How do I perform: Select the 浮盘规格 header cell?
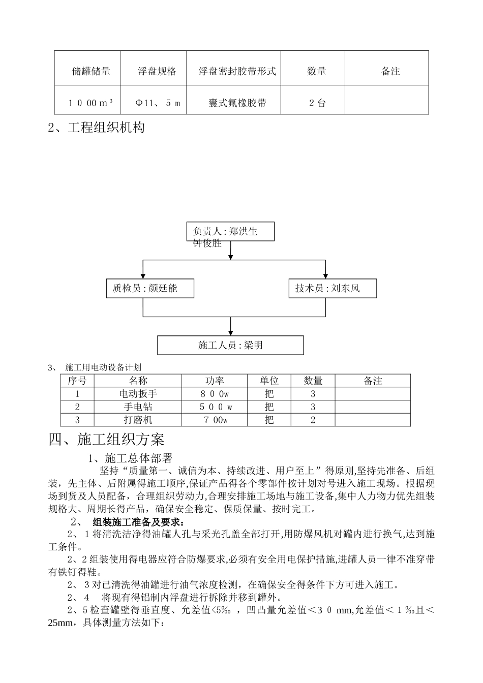pos(157,72)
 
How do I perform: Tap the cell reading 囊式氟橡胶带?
pos(237,103)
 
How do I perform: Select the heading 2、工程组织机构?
pos(97,127)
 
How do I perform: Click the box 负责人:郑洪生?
pos(230,232)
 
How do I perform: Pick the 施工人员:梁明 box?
pos(230,345)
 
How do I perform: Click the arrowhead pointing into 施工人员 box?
pos(231,332)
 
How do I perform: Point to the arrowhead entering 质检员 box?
pos(143,276)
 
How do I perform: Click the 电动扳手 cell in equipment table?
pos(138,394)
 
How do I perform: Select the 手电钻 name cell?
pos(138,407)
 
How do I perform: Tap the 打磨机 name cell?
pos(138,420)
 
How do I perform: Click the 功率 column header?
pos(214,381)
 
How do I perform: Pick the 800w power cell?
pos(214,394)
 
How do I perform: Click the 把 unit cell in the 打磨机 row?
pos(269,420)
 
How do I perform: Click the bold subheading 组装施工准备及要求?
pos(139,522)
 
